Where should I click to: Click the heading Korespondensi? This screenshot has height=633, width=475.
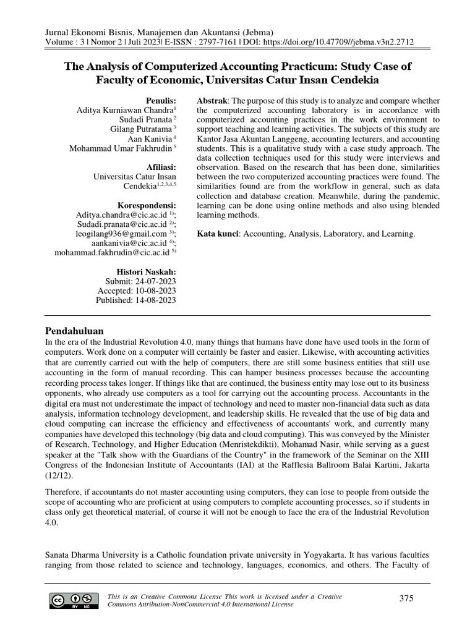tap(147, 205)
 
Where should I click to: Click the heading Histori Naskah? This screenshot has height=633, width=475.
tap(146, 271)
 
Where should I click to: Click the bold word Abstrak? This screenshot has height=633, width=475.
tap(212, 100)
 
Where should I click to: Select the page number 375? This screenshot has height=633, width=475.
tap(407, 598)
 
